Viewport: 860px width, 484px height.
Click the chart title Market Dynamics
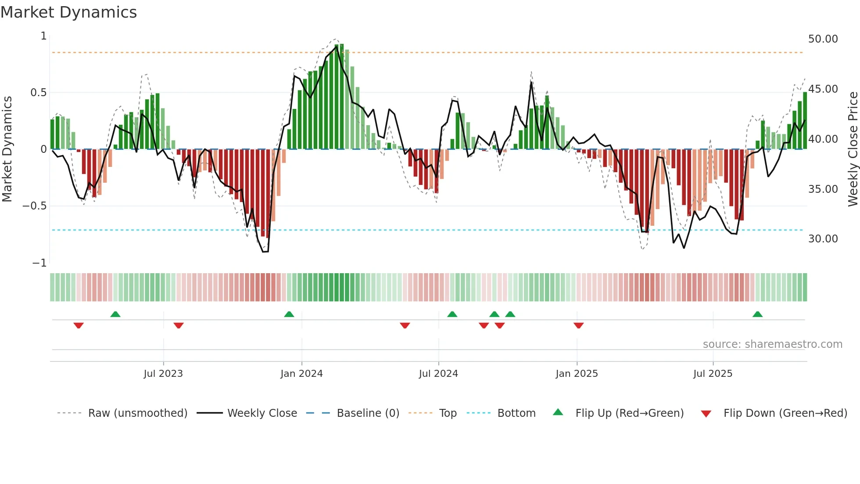(68, 12)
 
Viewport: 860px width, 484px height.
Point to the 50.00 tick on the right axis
(823, 39)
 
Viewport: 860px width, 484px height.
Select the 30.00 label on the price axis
(823, 239)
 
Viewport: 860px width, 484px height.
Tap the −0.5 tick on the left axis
(34, 206)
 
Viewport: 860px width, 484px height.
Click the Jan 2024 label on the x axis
(301, 374)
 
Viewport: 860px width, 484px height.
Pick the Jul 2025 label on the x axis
(713, 374)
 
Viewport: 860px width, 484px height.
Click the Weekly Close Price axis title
(853, 149)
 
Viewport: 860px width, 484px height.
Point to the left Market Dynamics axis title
(7, 149)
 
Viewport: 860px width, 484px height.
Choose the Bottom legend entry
(516, 413)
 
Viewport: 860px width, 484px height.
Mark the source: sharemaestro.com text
(772, 344)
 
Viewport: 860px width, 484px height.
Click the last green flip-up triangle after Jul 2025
(757, 314)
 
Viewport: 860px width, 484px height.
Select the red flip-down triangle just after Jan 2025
(578, 325)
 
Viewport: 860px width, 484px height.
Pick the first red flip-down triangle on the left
(79, 325)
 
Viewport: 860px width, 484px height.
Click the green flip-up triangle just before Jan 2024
(289, 314)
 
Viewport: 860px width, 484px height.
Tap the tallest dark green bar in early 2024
(341, 97)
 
